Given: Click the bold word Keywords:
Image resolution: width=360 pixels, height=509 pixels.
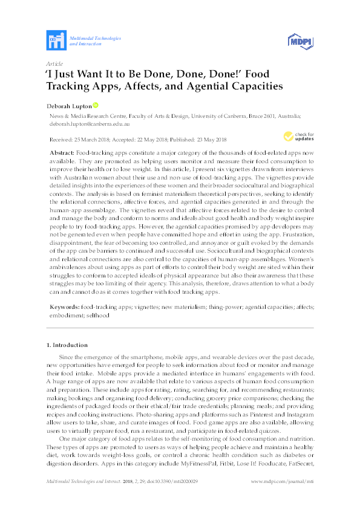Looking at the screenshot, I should click(64, 307).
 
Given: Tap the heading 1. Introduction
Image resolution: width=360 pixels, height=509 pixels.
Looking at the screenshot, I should click(68, 345).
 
